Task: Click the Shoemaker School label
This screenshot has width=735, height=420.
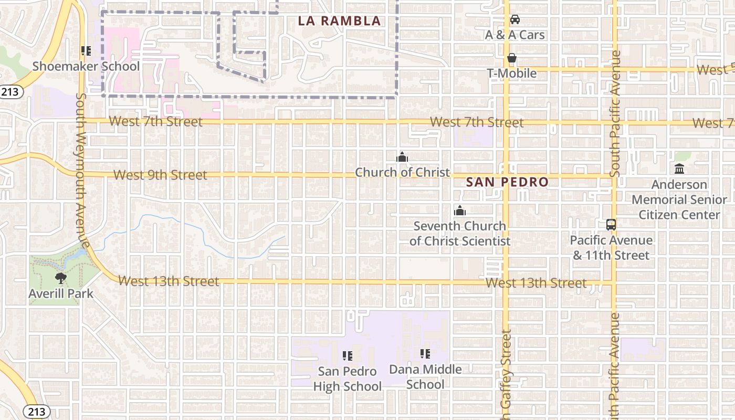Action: click(x=86, y=66)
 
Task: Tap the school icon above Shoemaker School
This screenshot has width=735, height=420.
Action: click(x=86, y=51)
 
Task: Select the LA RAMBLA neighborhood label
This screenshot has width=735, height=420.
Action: click(x=339, y=21)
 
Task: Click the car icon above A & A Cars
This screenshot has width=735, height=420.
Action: click(x=515, y=19)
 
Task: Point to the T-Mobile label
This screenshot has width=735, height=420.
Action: click(x=512, y=73)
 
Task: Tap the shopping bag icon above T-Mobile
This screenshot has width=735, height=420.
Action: click(x=512, y=58)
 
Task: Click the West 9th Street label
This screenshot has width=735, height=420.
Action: click(x=160, y=175)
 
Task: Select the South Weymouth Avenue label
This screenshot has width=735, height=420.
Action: click(x=82, y=171)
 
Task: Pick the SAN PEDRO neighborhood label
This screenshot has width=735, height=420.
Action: click(x=507, y=182)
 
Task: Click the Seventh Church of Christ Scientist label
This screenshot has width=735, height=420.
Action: click(x=460, y=234)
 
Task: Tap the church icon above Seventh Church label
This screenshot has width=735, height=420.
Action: click(x=460, y=211)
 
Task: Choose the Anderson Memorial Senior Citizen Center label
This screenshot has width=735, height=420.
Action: click(x=679, y=200)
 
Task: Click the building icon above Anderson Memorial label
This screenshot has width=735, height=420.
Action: click(x=679, y=169)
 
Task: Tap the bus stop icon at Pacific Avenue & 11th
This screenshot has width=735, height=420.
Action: click(x=611, y=225)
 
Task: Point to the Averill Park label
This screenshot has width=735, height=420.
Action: click(x=61, y=293)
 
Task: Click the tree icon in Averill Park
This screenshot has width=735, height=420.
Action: click(x=61, y=278)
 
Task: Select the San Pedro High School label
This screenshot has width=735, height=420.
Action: click(x=348, y=379)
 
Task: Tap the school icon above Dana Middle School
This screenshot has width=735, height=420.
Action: click(x=425, y=354)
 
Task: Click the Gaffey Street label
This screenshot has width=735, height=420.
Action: click(x=506, y=375)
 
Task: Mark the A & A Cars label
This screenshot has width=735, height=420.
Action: click(x=515, y=35)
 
